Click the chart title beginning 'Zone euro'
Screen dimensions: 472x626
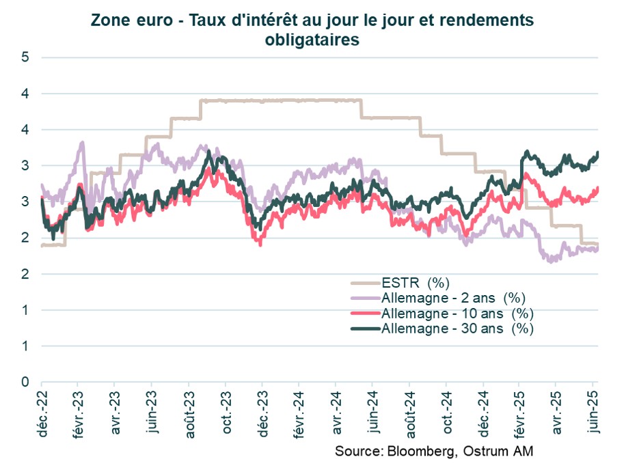pos(312,21)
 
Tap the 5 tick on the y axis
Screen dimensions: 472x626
pos(25,57)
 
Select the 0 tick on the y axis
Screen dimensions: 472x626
pos(25,382)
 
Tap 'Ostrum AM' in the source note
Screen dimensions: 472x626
pos(500,452)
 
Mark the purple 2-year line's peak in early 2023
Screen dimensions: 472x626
pos(83,142)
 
